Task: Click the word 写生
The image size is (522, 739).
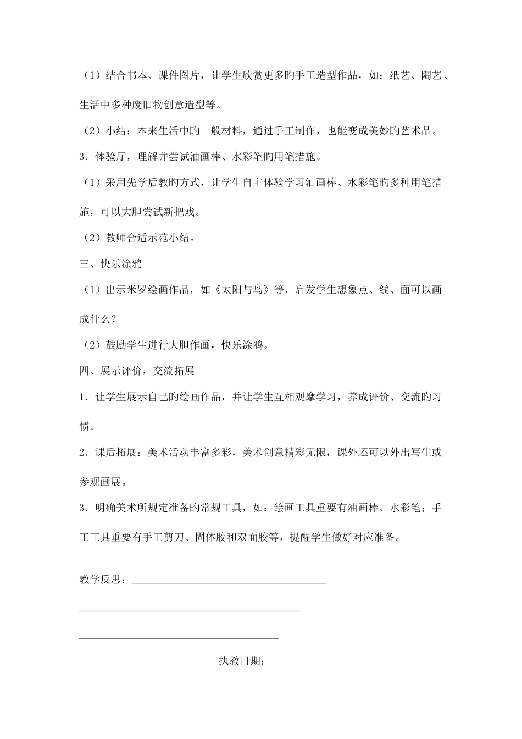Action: [421, 453]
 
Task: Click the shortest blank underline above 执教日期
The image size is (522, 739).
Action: [179, 638]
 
